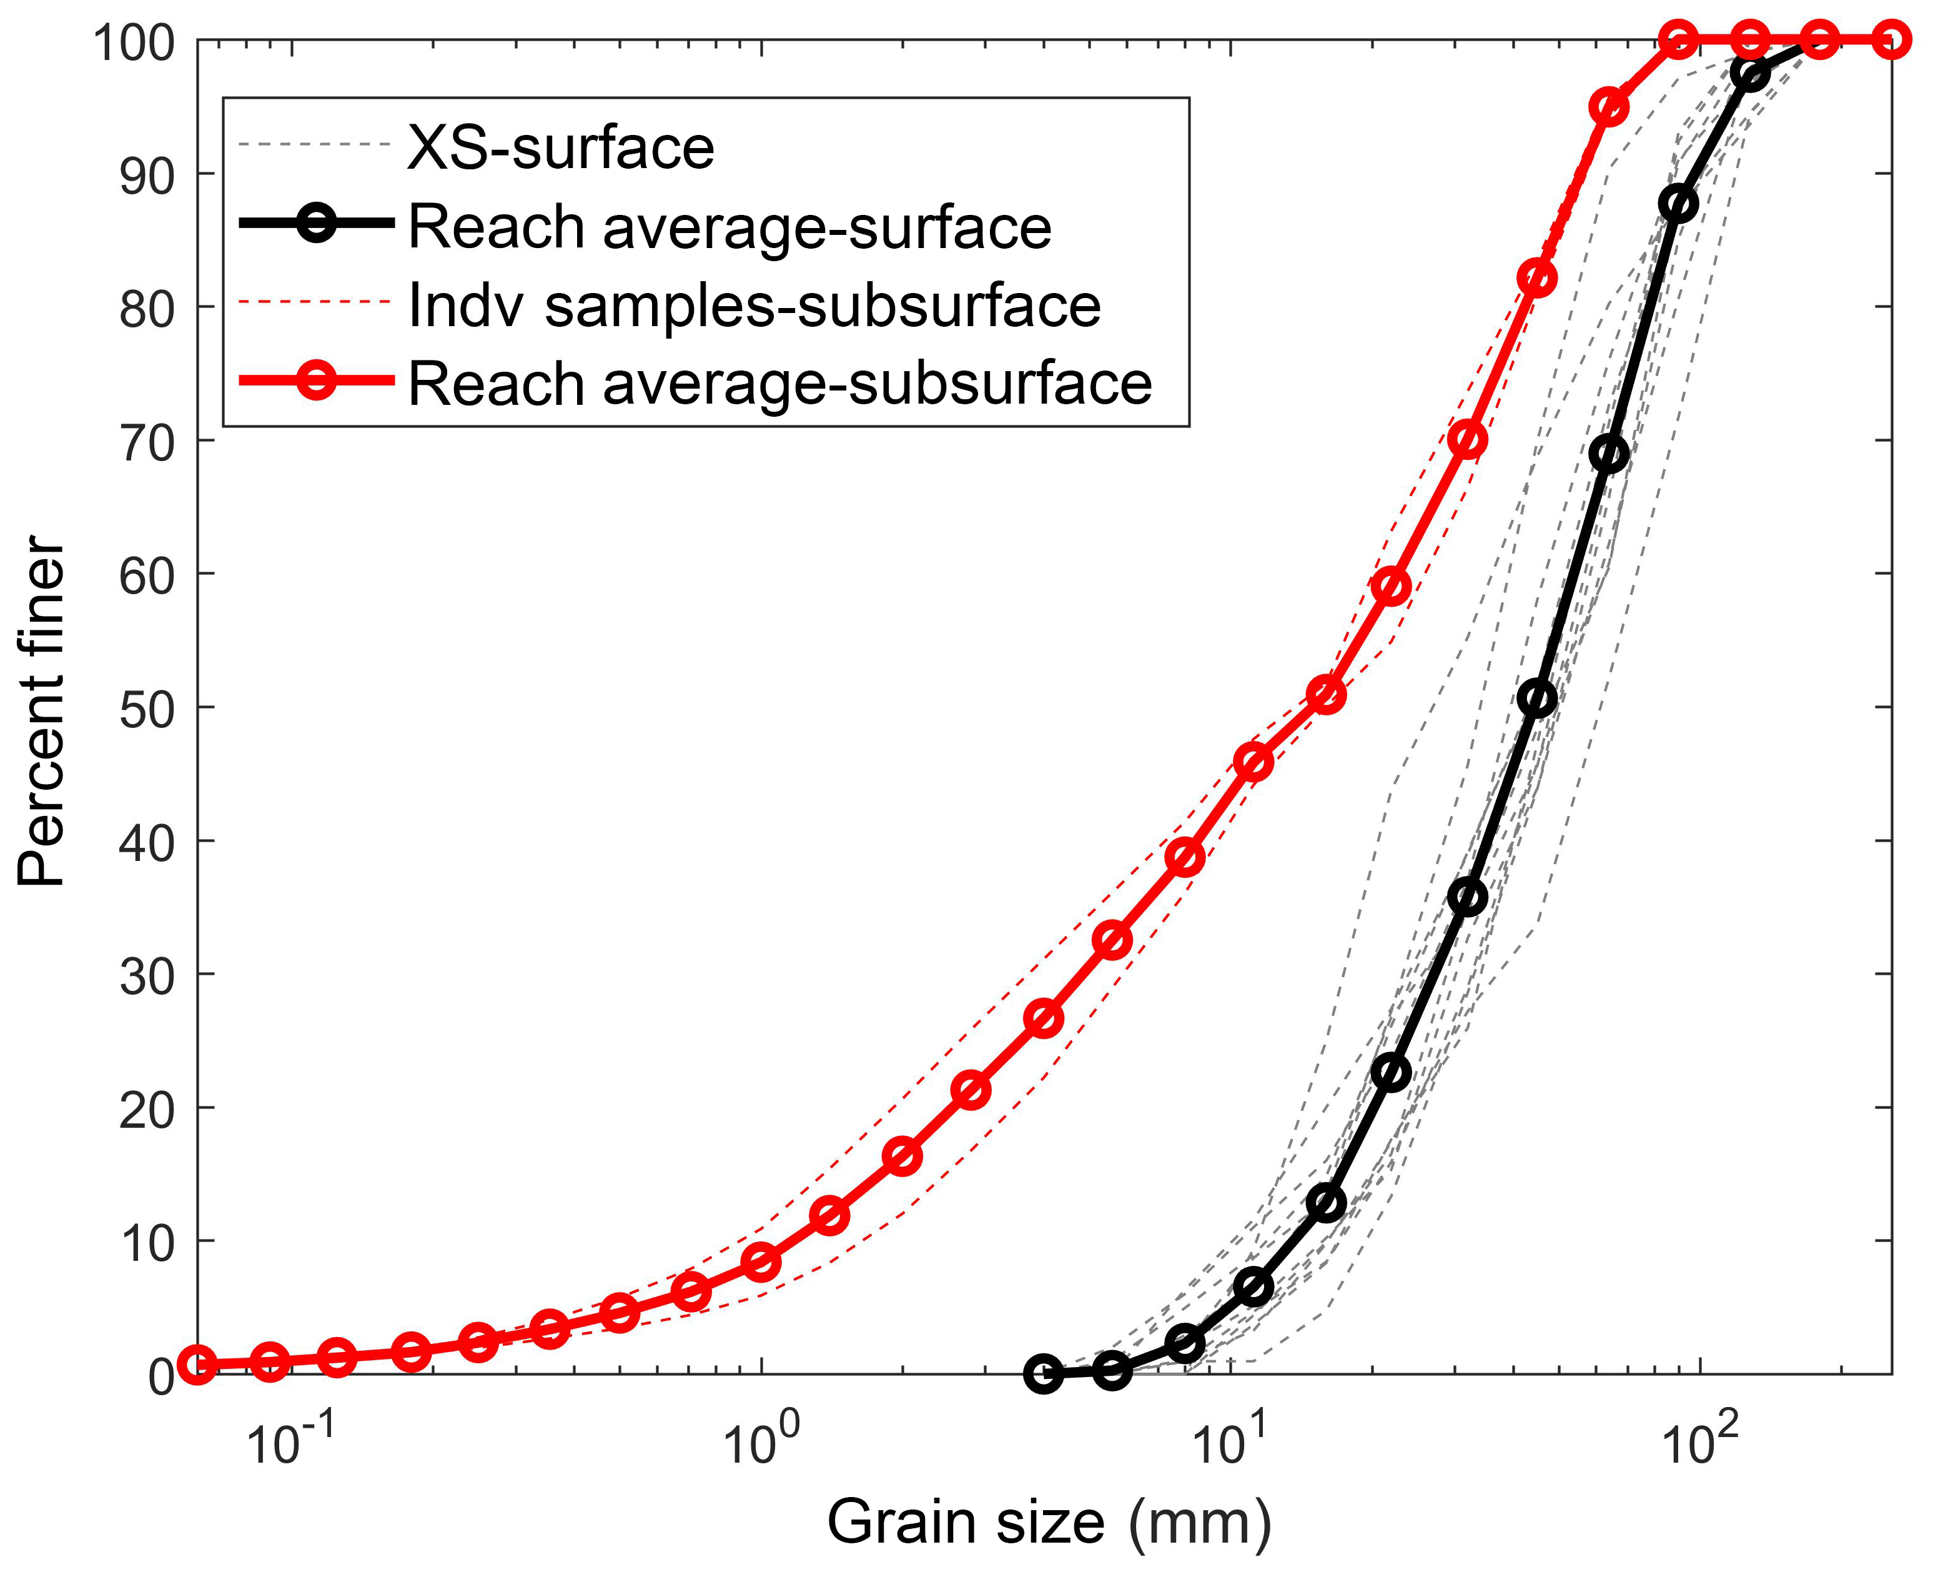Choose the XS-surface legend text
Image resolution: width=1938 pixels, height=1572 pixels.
click(560, 147)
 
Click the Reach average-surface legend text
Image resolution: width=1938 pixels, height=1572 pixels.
click(729, 226)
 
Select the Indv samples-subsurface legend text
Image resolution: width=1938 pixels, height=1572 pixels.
click(754, 305)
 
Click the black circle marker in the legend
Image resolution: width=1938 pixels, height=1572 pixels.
click(317, 223)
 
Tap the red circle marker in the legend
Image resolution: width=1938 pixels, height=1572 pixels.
click(317, 381)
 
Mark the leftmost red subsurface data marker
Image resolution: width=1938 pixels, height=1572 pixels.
click(199, 1365)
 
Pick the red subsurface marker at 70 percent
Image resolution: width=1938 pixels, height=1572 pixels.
click(1467, 440)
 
